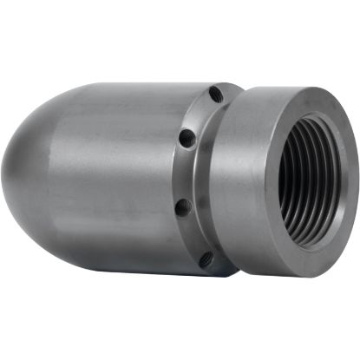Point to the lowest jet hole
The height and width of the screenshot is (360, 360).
[x=206, y=259]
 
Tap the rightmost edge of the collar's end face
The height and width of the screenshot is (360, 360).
[x=353, y=187]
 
